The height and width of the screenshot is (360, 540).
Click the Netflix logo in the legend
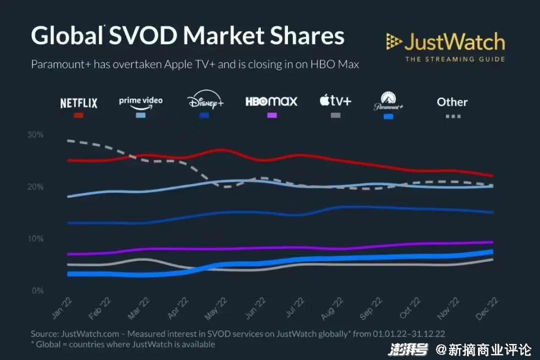pyautogui.click(x=78, y=103)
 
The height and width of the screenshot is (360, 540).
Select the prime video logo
pyautogui.click(x=140, y=101)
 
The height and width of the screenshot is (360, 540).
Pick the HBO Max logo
pyautogui.click(x=271, y=101)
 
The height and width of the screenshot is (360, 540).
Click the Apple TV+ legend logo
pyautogui.click(x=335, y=101)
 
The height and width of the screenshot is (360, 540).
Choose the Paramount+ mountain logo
pyautogui.click(x=388, y=101)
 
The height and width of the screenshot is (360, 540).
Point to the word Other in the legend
pyautogui.click(x=452, y=102)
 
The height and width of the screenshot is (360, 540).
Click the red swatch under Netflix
pyautogui.click(x=78, y=115)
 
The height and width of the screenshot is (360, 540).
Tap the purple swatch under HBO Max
pyautogui.click(x=271, y=115)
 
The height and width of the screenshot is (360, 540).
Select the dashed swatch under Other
pyautogui.click(x=452, y=116)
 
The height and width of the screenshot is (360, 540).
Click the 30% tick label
pyautogui.click(x=35, y=135)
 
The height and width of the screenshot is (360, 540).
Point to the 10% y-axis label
pyautogui.click(x=35, y=239)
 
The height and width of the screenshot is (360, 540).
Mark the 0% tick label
pyautogui.click(x=37, y=291)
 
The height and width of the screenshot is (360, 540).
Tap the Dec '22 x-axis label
pyautogui.click(x=483, y=307)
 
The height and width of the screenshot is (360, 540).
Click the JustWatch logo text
pyautogui.click(x=454, y=43)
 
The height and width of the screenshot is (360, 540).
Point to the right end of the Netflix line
pyautogui.click(x=492, y=176)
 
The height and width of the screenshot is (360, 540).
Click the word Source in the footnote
pyautogui.click(x=44, y=333)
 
